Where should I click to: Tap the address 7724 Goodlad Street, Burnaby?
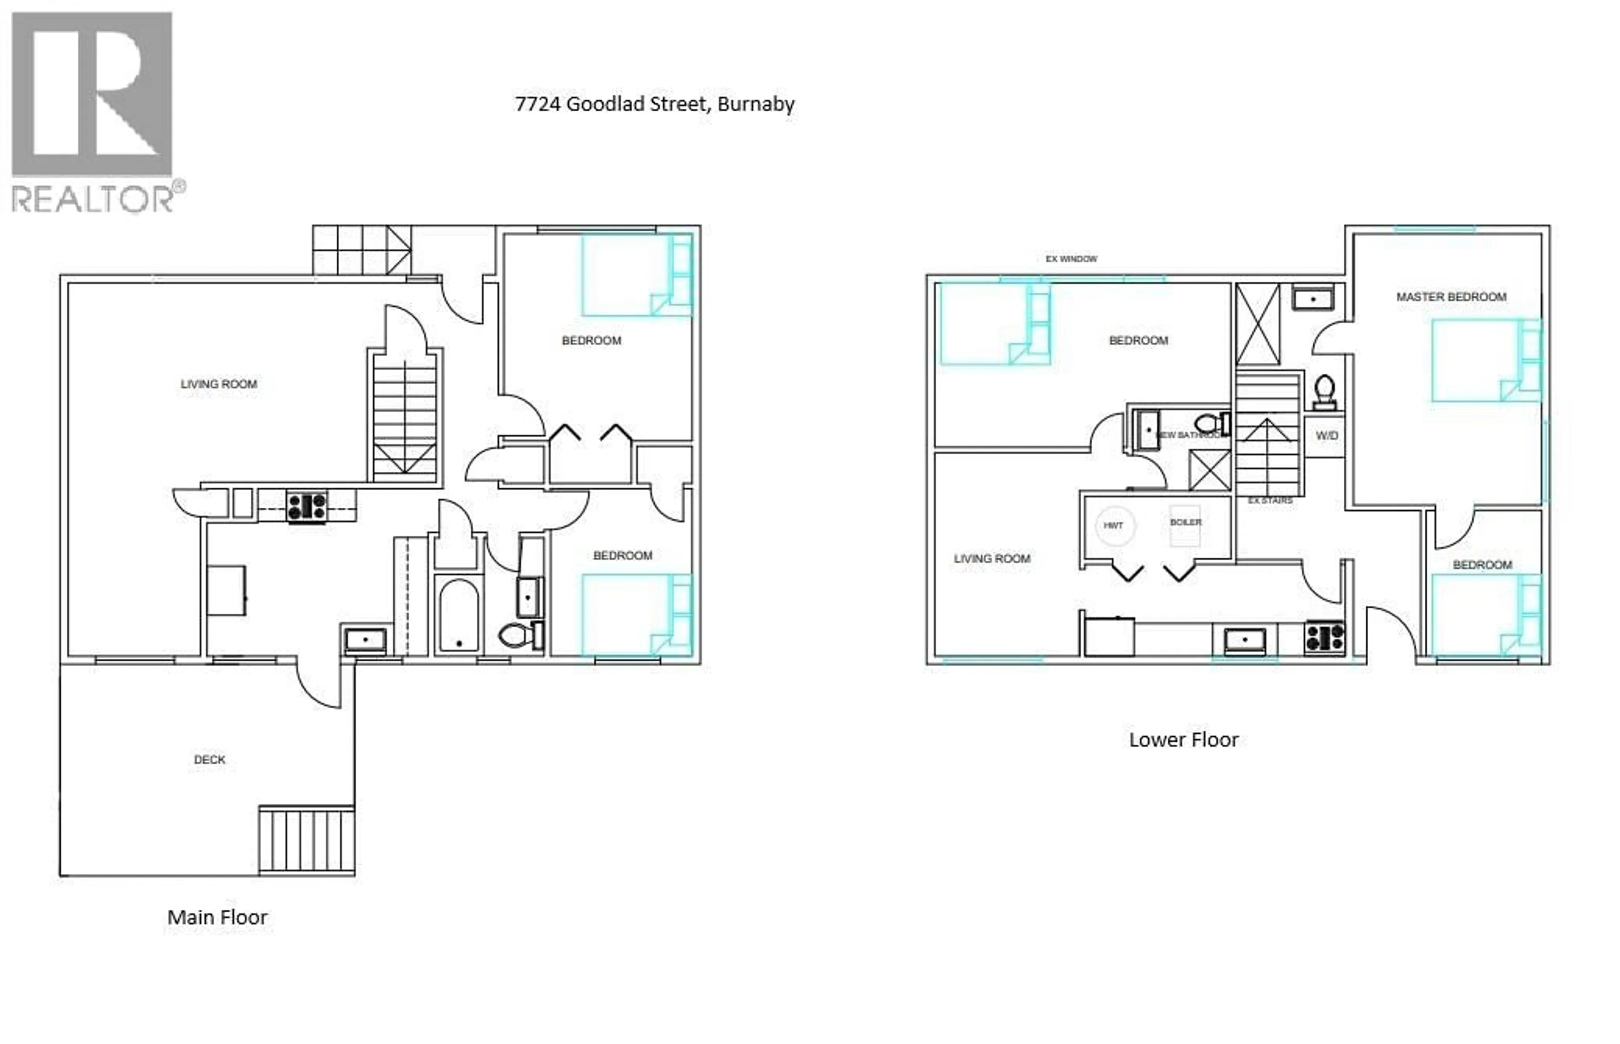point(654,104)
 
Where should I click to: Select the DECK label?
point(210,760)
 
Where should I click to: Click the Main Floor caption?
point(217,917)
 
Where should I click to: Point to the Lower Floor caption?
point(1183,740)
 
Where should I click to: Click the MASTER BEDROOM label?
point(1450,297)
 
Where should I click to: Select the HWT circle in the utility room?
point(1113,525)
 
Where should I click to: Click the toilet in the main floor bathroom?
point(519,635)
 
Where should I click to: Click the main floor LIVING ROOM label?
point(219,385)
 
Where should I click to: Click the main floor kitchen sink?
point(365,639)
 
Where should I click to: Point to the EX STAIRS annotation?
point(1270,500)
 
